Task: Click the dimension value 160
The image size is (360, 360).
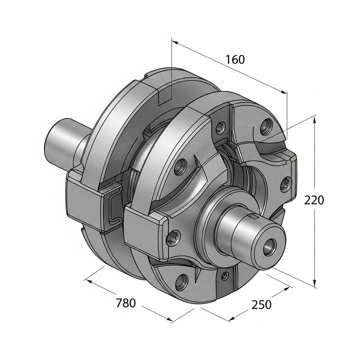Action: coord(235,59)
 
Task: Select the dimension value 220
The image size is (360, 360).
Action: coord(314,200)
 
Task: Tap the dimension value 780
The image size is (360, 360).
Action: coord(126,303)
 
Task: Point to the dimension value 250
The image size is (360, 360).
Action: coord(261,305)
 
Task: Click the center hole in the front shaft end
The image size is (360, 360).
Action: coord(270,245)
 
